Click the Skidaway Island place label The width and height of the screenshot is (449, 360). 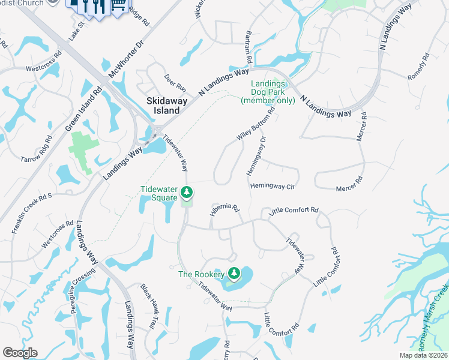163,106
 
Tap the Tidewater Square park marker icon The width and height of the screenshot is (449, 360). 187,193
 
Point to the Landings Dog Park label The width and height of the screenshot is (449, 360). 268,92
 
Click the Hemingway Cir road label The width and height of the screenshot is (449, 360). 274,187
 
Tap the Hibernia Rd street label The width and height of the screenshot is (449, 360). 224,209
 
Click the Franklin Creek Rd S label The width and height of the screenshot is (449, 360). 32,213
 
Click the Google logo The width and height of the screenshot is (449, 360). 20,353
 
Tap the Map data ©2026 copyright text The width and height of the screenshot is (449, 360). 423,355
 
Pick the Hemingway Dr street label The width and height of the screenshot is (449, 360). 256,156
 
